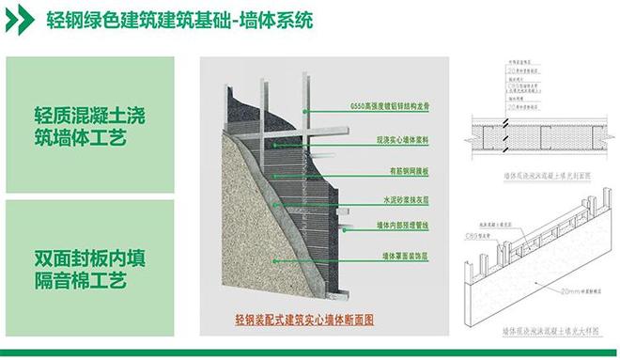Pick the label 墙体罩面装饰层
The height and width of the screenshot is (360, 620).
399,255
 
